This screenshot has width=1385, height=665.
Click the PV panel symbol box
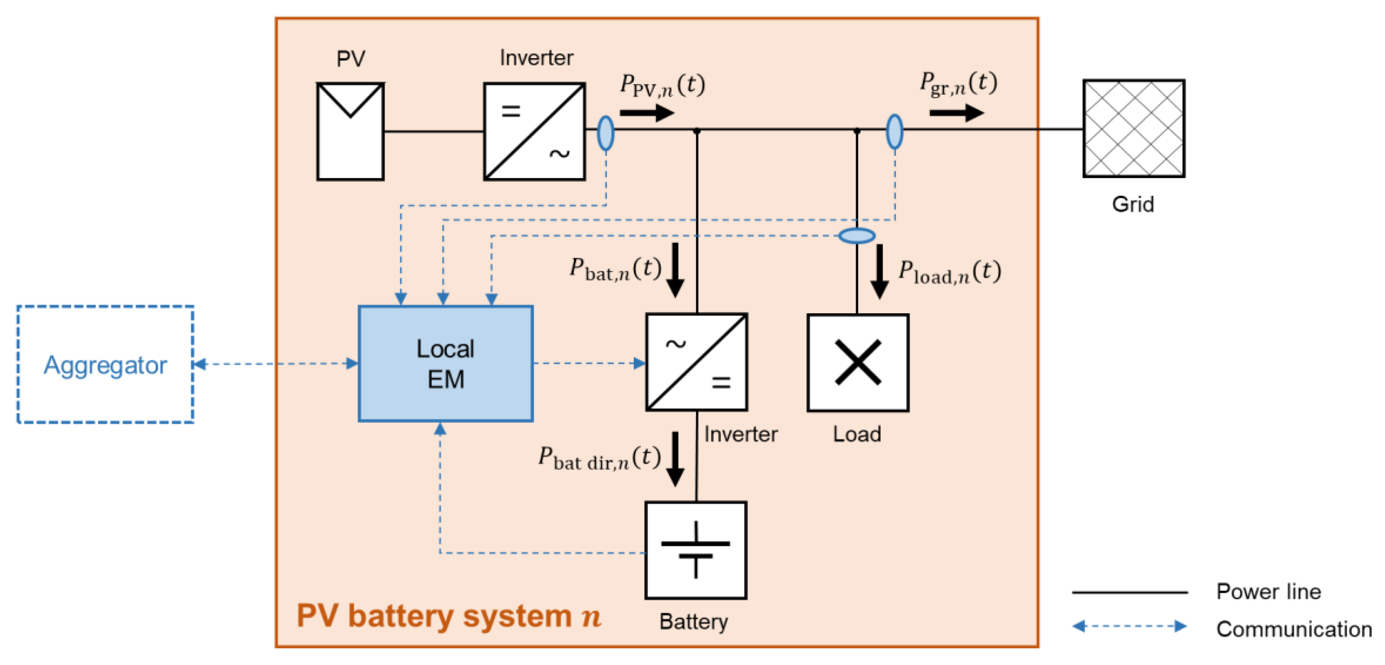click(350, 131)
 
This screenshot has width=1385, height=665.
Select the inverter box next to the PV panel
click(534, 131)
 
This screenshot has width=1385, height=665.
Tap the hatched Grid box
click(1134, 129)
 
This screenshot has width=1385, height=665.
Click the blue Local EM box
click(446, 364)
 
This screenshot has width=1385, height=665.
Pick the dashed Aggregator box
click(105, 364)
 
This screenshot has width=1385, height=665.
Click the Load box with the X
click(858, 362)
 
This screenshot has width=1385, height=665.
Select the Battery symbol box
click(696, 550)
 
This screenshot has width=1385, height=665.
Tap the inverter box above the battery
click(697, 362)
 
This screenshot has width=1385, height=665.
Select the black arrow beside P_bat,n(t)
click(675, 270)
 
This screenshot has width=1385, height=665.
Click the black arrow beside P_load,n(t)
click(880, 272)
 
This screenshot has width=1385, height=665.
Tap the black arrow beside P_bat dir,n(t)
click(675, 460)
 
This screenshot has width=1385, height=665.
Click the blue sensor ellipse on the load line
click(857, 236)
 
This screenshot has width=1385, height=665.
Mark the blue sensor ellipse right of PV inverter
click(606, 133)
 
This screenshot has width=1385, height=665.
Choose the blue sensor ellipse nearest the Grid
click(895, 132)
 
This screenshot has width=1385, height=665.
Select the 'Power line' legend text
click(1269, 592)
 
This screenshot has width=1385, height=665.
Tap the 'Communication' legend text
click(1294, 629)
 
